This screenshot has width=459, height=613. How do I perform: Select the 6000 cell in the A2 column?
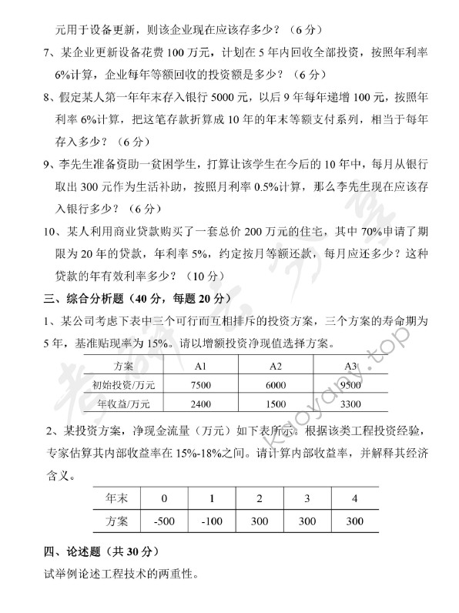[x=275, y=385]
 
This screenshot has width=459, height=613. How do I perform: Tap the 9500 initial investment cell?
[x=350, y=385]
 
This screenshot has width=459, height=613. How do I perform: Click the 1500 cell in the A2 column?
[x=275, y=404]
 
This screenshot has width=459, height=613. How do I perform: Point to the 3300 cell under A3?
[x=350, y=404]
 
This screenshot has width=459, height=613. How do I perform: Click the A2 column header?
[x=275, y=366]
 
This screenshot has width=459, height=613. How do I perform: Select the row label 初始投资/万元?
[x=123, y=385]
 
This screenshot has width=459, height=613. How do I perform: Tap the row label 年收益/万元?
[x=123, y=404]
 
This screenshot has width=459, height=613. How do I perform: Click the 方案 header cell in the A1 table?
[x=123, y=366]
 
